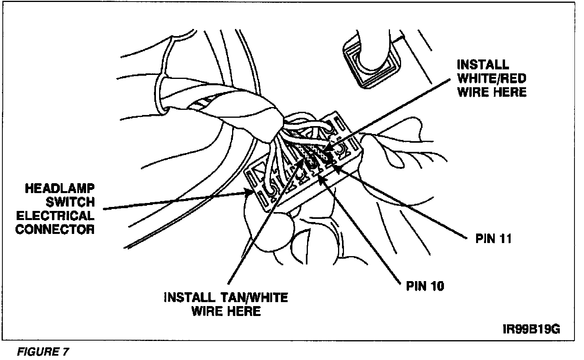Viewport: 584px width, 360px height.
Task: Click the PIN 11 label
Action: coord(493,239)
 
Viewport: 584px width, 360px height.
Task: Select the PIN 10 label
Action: coord(425,286)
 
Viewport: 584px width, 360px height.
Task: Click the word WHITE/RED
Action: coord(492,79)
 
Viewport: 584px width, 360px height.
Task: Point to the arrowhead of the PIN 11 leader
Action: coord(333,167)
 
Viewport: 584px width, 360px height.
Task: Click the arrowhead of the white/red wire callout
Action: coord(326,151)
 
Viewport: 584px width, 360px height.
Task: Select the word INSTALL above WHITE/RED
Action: coord(482,65)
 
